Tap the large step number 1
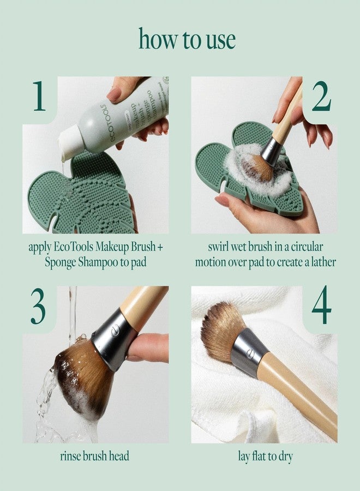pos(39,97)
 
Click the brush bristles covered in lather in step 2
pos(256,166)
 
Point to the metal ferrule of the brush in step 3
pos(112,340)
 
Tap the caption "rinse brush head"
pos(94,456)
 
